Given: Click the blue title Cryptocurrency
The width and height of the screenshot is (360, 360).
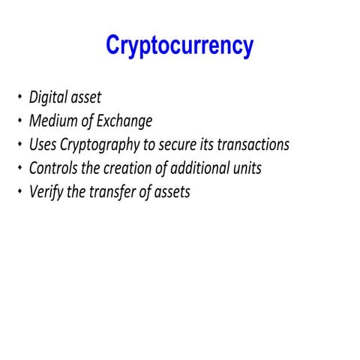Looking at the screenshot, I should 180,46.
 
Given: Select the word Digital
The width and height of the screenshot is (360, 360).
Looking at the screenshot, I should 49,97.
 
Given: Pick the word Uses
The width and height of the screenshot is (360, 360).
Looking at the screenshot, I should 43,144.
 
